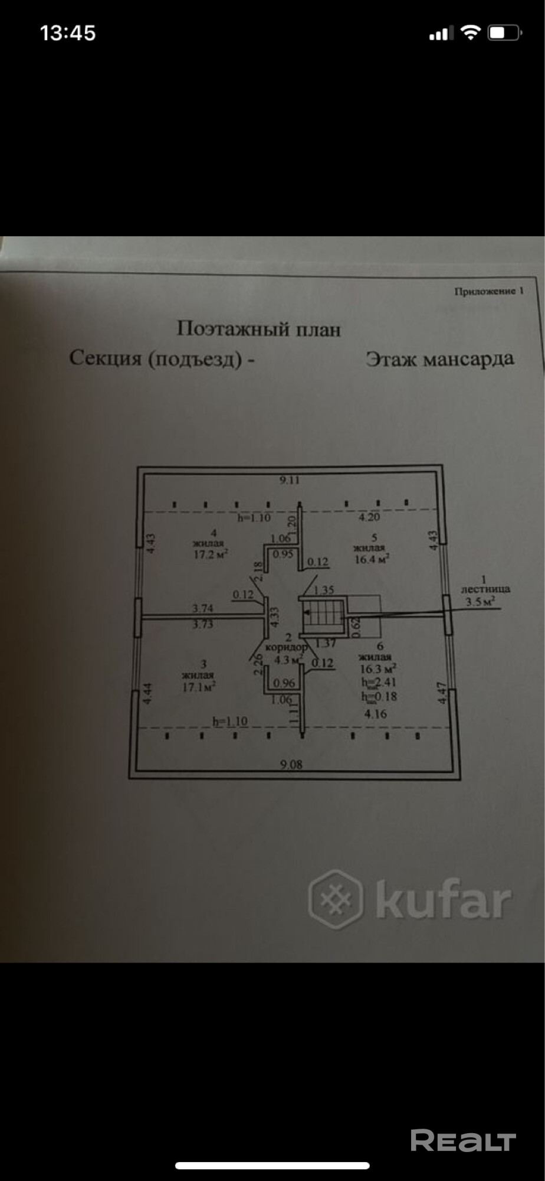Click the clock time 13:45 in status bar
click(68, 33)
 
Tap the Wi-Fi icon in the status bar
click(470, 33)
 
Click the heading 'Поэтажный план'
click(258, 329)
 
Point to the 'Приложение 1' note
click(488, 291)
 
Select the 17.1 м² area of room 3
click(198, 686)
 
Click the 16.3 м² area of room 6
click(378, 668)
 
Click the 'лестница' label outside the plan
click(485, 589)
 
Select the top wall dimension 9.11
click(290, 480)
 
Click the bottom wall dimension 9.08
click(291, 764)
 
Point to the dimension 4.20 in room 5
click(370, 517)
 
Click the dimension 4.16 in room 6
click(376, 713)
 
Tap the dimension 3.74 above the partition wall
click(203, 608)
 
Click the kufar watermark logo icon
click(335, 899)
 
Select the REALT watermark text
click(463, 1141)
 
